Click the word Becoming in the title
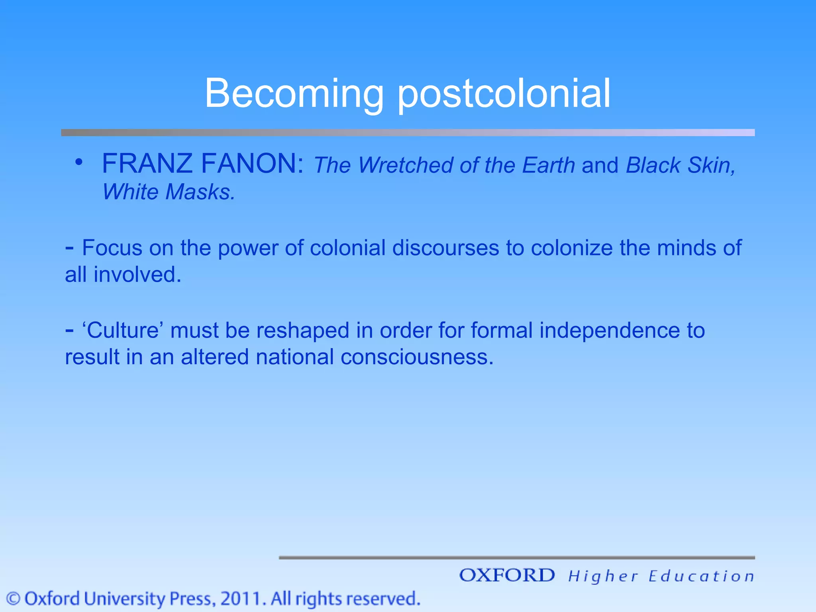294,94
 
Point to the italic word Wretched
405,165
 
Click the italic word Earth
548,165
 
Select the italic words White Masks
168,192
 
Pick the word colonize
571,248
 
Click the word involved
137,275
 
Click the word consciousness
417,357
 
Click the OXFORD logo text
507,575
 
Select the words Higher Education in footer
661,576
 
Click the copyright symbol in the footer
14,599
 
